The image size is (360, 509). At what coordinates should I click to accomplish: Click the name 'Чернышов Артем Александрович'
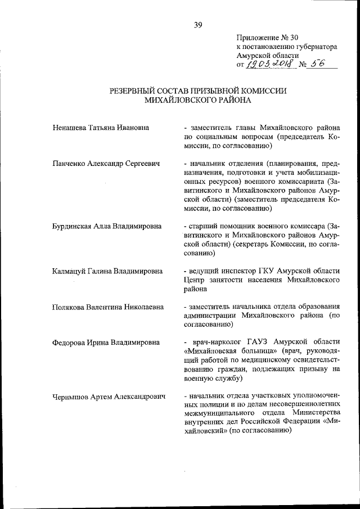109,397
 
